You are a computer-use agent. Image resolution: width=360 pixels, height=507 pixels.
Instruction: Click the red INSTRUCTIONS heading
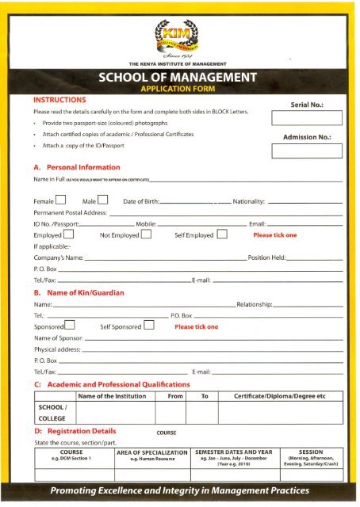60,101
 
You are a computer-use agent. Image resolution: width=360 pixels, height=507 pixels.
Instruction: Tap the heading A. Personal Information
77,167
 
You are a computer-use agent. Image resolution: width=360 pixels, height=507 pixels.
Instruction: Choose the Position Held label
269,258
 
